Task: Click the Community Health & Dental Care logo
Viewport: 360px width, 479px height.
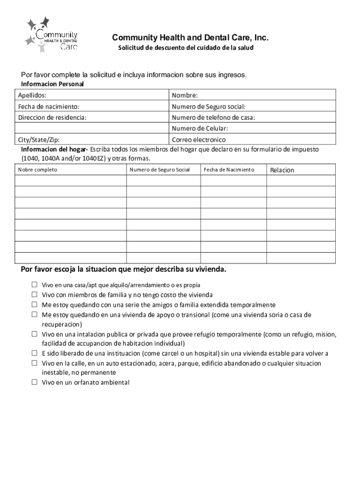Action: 51,35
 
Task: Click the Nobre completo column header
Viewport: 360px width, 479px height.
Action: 37,169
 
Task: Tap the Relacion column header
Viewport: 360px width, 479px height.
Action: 282,170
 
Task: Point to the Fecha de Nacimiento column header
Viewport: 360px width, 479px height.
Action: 229,169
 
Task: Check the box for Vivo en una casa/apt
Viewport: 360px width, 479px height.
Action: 34,284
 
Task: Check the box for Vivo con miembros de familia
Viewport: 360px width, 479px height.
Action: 34,295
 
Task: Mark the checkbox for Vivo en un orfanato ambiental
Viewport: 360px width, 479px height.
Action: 34,382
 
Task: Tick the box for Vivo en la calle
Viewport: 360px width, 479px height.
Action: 34,363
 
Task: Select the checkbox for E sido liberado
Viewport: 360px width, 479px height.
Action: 34,353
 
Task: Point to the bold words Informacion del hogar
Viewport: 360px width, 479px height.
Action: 54,149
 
